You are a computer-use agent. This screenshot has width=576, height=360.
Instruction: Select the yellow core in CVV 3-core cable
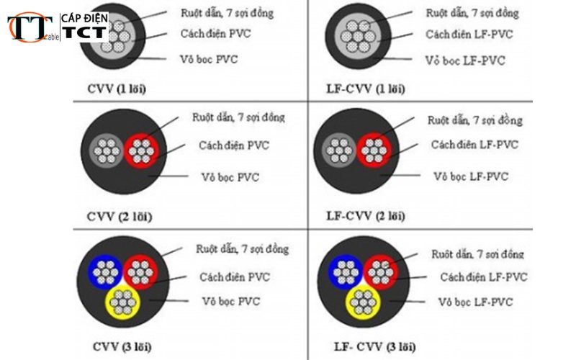click(x=124, y=301)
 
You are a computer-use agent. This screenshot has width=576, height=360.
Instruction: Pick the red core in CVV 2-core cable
click(x=141, y=151)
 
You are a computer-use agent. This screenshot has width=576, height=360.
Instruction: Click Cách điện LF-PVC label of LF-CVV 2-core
click(x=474, y=145)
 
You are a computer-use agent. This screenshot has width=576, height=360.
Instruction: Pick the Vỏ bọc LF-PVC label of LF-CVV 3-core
click(x=475, y=302)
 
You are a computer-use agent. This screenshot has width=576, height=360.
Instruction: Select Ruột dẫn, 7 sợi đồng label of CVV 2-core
click(x=238, y=117)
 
